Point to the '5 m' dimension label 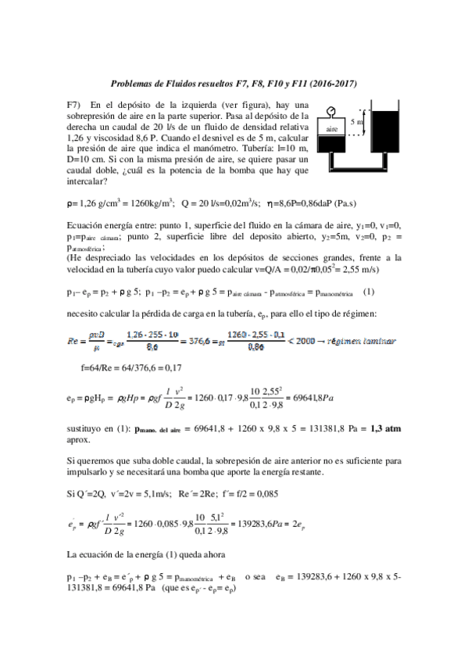click(358, 122)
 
